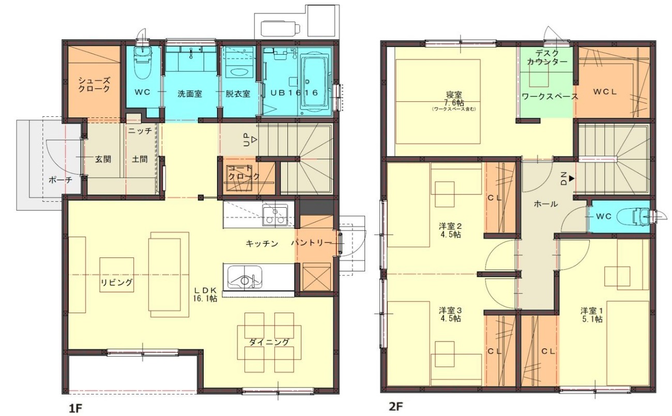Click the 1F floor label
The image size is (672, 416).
(x=75, y=408)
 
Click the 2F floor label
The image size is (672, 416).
(x=396, y=406)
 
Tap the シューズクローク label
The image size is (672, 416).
(x=94, y=85)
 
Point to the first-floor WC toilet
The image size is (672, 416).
(x=142, y=63)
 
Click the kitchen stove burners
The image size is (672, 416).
(x=274, y=216)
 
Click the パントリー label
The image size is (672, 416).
(x=311, y=243)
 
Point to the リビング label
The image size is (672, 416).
(x=116, y=282)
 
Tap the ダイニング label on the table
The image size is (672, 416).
(x=269, y=342)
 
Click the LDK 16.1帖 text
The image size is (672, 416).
(x=205, y=294)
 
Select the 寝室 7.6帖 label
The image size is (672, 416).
(x=454, y=99)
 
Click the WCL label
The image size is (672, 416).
(x=605, y=92)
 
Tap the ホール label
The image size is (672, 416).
(x=546, y=204)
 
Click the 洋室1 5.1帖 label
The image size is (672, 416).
(x=591, y=315)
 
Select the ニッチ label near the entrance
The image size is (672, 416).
(x=140, y=131)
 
